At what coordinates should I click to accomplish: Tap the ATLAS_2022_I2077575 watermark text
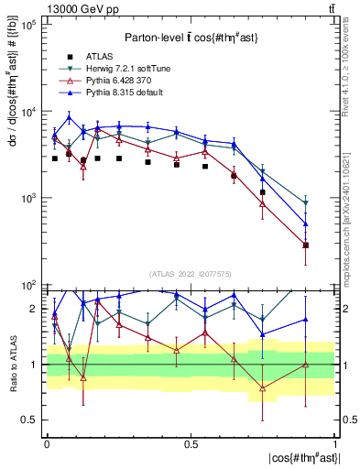pos(191,274)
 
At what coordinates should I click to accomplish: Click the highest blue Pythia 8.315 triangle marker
pos(70,117)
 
